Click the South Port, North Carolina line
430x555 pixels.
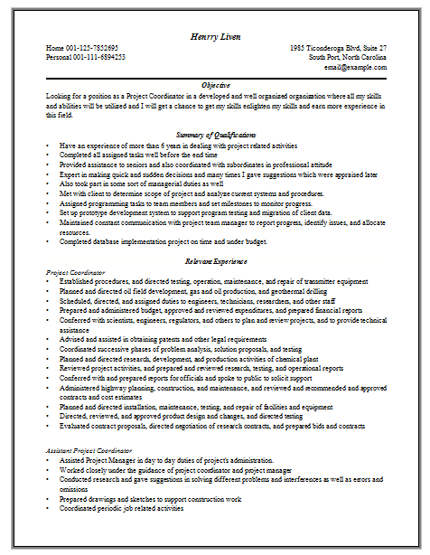coord(348,57)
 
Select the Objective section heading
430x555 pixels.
coord(214,84)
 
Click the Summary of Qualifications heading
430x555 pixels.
coord(214,135)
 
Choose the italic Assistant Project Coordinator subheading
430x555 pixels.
coord(92,449)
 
